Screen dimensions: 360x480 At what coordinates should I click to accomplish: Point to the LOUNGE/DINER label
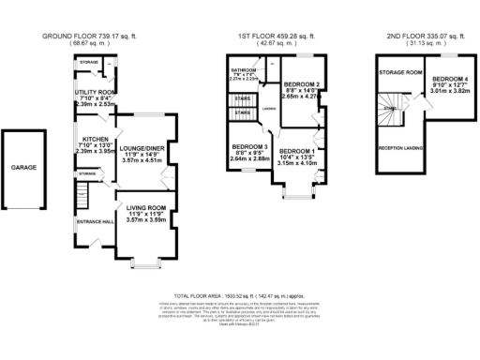click(x=143, y=144)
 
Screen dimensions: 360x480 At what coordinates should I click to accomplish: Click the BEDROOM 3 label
click(x=249, y=146)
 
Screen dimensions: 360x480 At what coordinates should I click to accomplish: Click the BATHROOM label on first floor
click(x=246, y=69)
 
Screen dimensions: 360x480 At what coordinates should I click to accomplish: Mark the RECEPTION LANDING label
click(x=397, y=148)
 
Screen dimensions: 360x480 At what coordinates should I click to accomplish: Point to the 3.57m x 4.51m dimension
click(x=143, y=160)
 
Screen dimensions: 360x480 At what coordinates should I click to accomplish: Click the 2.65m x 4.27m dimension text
click(x=301, y=97)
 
